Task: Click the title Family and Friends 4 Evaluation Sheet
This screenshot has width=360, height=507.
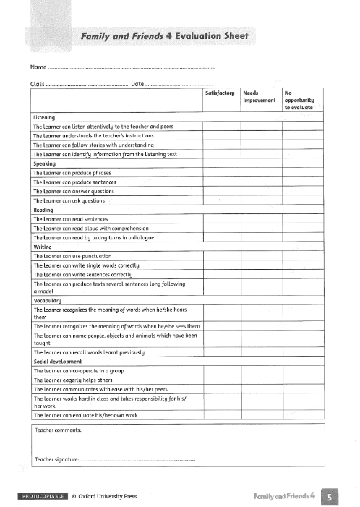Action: pyautogui.click(x=165, y=35)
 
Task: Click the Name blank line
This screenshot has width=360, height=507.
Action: pyautogui.click(x=130, y=68)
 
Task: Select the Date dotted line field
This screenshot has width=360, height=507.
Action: pyautogui.click(x=180, y=85)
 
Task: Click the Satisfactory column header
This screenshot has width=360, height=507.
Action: pyautogui.click(x=220, y=93)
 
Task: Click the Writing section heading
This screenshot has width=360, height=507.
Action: pyautogui.click(x=43, y=247)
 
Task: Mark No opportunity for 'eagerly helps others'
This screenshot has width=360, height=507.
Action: pyautogui.click(x=303, y=379)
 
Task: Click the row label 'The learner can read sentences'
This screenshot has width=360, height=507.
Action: pyautogui.click(x=71, y=218)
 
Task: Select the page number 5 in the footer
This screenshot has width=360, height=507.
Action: pyautogui.click(x=330, y=496)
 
